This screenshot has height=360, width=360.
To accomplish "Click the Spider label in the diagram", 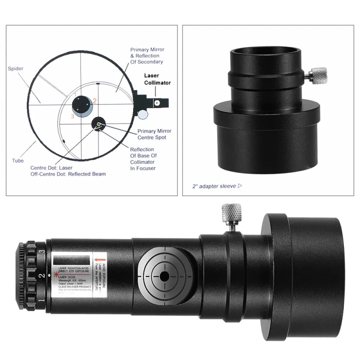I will click(x=16, y=69).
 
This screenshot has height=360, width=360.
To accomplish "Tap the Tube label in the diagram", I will click(x=18, y=160).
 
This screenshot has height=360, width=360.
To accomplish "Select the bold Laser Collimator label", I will click(x=157, y=79).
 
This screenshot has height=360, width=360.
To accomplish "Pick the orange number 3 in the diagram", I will click(x=72, y=116).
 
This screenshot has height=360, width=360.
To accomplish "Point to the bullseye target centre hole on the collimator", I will click(x=164, y=275).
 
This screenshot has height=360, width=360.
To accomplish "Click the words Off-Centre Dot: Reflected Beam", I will click(x=67, y=174).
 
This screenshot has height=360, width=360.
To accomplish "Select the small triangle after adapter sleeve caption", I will click(x=239, y=185).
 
